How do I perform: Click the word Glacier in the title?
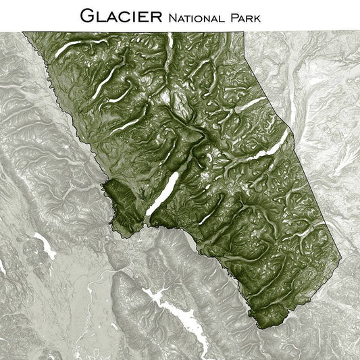pos(121,15)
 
